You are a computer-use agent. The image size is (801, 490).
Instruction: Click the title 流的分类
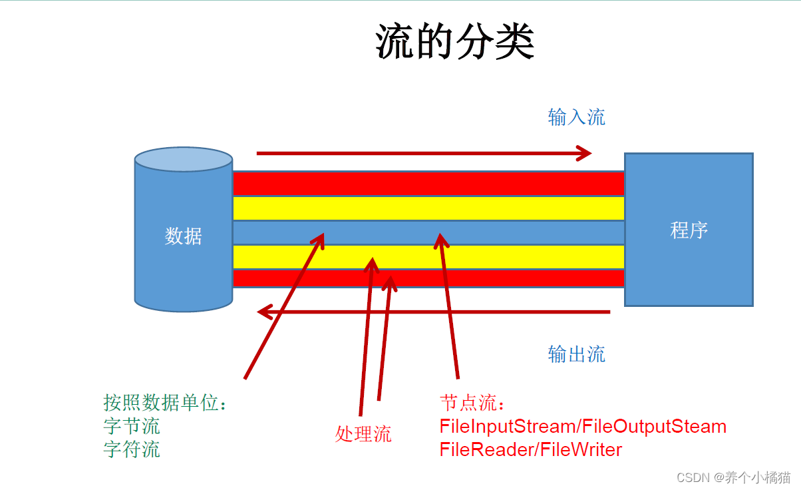click(455, 42)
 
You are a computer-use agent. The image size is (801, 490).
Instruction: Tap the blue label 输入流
click(576, 117)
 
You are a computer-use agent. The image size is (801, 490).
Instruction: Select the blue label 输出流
click(576, 354)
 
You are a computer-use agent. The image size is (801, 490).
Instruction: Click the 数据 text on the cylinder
click(183, 236)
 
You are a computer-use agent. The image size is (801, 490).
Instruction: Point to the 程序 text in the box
click(689, 230)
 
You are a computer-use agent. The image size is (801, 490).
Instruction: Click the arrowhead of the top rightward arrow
click(584, 153)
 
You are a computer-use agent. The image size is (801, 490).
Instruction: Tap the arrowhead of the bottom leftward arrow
click(265, 311)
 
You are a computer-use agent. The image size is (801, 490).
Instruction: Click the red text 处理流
click(363, 434)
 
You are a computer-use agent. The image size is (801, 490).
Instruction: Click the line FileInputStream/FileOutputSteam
click(583, 426)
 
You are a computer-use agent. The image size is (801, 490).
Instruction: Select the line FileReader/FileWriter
click(530, 449)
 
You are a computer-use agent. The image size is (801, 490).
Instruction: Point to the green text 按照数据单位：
click(165, 403)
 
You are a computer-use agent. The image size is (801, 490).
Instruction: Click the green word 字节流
click(132, 425)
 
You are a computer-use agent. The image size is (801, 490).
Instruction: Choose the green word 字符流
click(132, 449)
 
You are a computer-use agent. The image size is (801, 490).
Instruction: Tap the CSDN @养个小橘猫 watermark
click(733, 477)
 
